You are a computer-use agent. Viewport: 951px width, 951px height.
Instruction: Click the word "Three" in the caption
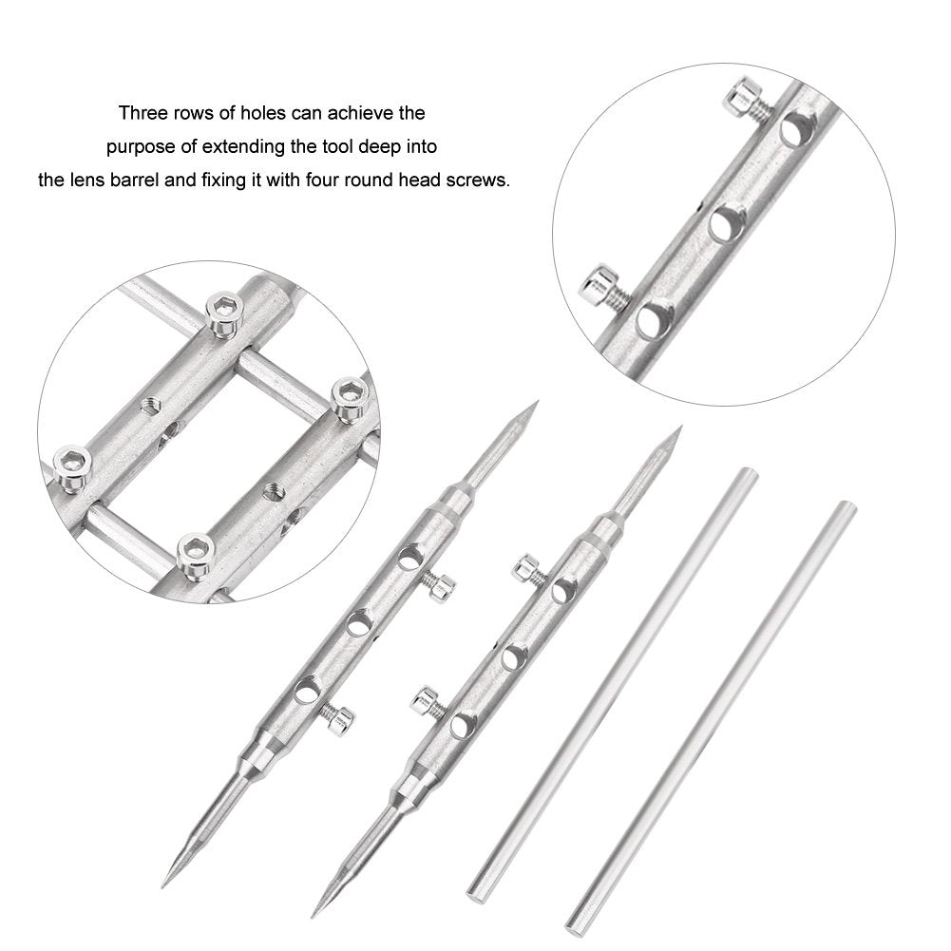click(142, 113)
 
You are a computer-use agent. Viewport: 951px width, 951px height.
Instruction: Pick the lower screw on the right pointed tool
click(424, 702)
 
